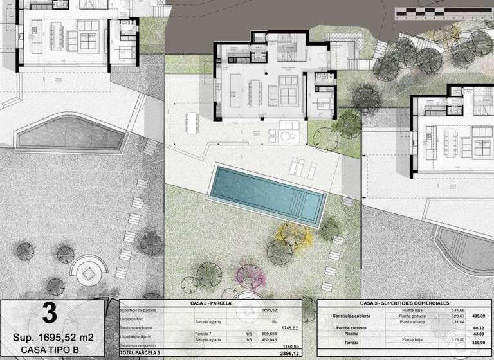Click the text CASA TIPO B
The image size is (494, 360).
click(x=51, y=349)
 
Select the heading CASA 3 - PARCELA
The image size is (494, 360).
click(x=210, y=303)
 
